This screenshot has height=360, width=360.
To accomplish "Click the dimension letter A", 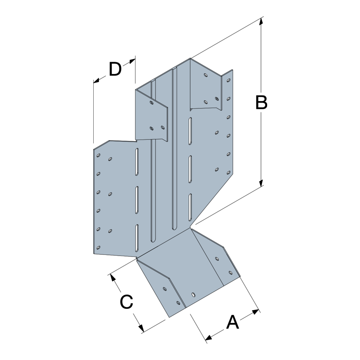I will point(232,322).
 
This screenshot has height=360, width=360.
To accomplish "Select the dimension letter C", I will point(126,302).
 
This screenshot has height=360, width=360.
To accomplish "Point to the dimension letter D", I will point(115,70).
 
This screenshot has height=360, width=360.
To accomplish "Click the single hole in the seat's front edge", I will point(193,294).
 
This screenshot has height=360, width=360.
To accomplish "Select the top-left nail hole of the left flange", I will point(98,155).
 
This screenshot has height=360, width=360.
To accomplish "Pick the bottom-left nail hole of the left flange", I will point(98,248).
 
